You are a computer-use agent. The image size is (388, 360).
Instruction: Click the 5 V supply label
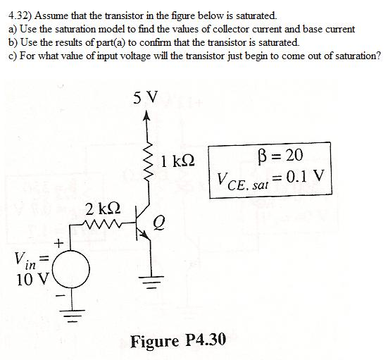(x=144, y=97)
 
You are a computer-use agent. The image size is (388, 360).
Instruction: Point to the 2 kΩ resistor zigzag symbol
(x=105, y=226)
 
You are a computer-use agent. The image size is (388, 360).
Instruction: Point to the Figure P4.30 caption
(x=178, y=341)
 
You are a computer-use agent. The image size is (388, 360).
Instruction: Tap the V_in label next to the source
(x=25, y=260)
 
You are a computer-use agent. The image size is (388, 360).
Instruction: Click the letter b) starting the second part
(x=12, y=42)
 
